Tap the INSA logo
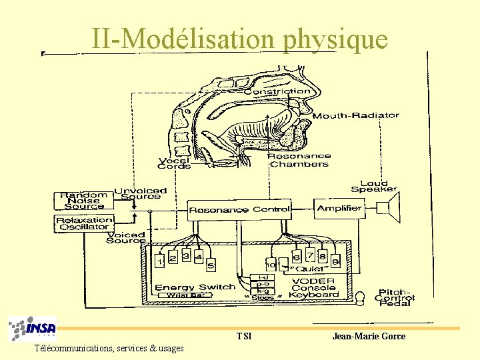coord(33,329)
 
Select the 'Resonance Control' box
coord(239,209)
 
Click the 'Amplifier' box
coord(339,208)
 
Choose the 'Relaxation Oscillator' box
coord(83,223)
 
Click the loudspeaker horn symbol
coord(392,208)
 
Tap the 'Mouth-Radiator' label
coord(356,115)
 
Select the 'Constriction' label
coord(277,91)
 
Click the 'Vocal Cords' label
coord(174,163)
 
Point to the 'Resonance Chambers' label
coord(299,160)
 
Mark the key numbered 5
coord(211,266)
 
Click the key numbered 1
coord(161,261)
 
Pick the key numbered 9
coord(335,261)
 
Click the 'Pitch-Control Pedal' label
coord(395,297)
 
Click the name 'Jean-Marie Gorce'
coord(369,336)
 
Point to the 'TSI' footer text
coord(244,336)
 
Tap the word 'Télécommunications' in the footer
coord(73,348)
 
